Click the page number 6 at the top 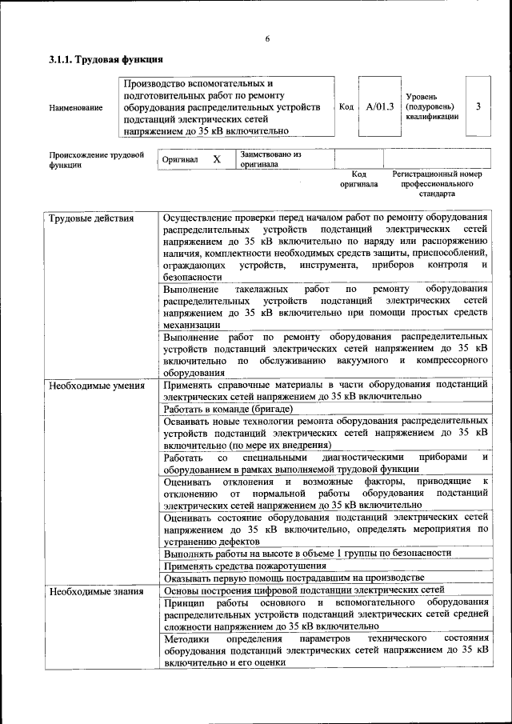[x=268, y=39]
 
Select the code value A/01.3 [x=380, y=106]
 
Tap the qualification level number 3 [x=478, y=106]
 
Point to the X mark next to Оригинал [x=217, y=159]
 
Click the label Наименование [x=75, y=107]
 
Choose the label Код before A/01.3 [x=346, y=106]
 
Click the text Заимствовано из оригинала [x=270, y=158]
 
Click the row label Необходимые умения [x=96, y=386]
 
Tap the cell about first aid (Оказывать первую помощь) [x=293, y=578]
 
